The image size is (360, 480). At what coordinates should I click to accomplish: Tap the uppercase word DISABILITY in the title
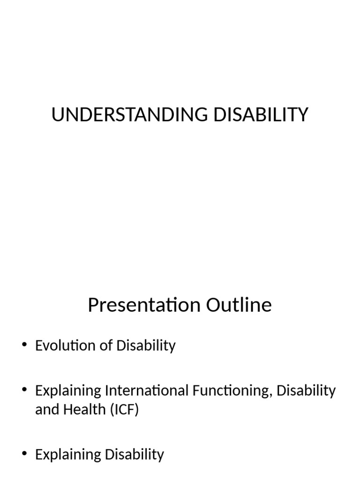pyautogui.click(x=261, y=115)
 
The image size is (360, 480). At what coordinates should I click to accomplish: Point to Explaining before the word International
pyautogui.click(x=68, y=390)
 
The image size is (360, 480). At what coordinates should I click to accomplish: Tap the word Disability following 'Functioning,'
pyautogui.click(x=307, y=390)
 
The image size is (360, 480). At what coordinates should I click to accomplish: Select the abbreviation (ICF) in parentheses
pyautogui.click(x=125, y=410)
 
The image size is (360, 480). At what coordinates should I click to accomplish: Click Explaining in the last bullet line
pyautogui.click(x=68, y=454)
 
